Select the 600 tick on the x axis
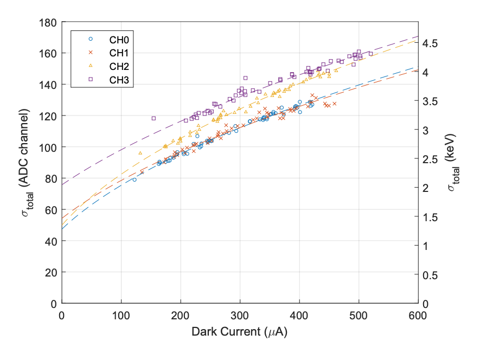point(418,314)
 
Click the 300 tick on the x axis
point(240,314)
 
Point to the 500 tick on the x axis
point(359,314)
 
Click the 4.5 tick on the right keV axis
point(430,43)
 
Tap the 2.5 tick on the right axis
point(430,159)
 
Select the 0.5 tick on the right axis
point(430,275)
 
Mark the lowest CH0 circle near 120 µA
point(135,179)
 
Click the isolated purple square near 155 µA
point(154,118)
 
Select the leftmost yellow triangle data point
point(140,153)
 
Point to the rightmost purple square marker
point(370,54)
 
